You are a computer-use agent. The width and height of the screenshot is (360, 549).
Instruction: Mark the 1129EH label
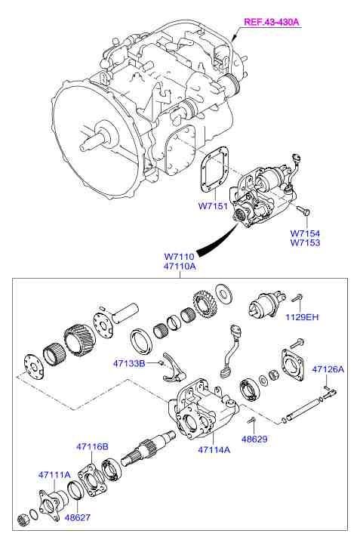(302, 318)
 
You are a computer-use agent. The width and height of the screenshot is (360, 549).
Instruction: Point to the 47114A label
(215, 449)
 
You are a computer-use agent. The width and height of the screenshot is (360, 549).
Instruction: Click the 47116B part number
(92, 446)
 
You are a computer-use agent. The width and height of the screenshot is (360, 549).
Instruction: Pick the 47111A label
(54, 474)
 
